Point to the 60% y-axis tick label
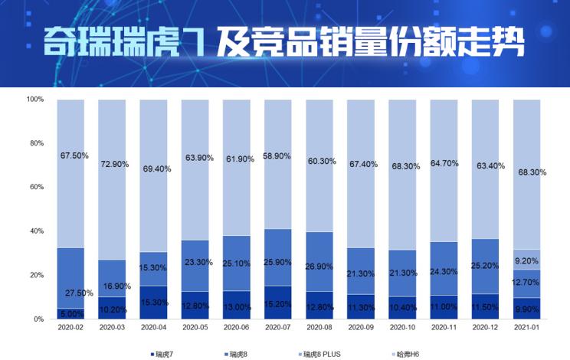click(35, 187)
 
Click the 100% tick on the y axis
click(34, 100)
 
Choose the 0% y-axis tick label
click(38, 319)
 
